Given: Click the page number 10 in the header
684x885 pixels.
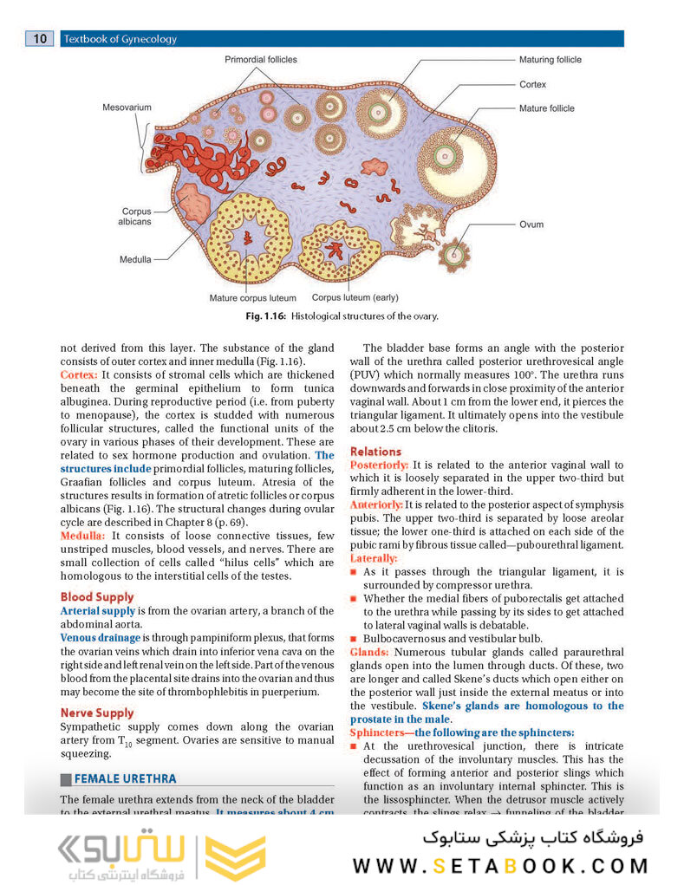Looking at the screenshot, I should coord(41,38).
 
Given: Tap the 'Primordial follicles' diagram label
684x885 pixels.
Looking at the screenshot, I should coord(260,60).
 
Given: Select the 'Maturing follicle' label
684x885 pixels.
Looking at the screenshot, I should coord(550,60).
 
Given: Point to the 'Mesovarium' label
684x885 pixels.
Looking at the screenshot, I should coord(127,107).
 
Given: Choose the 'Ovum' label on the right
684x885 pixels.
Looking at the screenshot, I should coord(531,225).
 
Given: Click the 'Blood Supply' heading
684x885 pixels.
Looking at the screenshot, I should coord(97,596).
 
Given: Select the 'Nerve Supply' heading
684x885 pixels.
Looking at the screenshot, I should coord(97,713).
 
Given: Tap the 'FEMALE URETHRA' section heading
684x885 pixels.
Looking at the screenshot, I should coord(125,778).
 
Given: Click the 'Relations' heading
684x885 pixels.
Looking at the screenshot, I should coord(375,451).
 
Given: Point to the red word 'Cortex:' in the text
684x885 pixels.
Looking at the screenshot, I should coord(79,374).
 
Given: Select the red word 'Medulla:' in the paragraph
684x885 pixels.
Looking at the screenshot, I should coord(83,536).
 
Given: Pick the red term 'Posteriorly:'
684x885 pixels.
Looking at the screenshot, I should coord(379,465).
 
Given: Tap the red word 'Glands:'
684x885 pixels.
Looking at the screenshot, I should coord(369,651).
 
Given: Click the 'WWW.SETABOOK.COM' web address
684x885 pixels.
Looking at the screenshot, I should coord(500,865).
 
